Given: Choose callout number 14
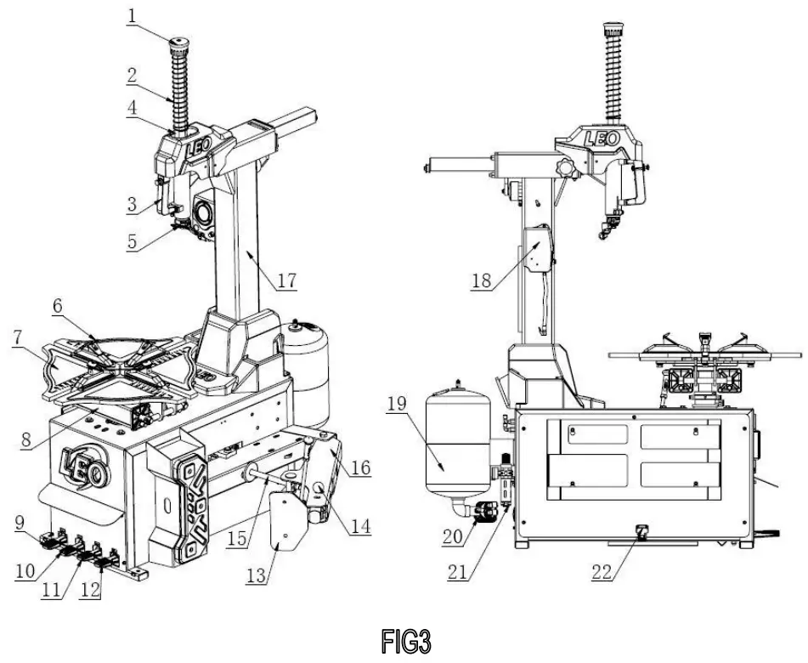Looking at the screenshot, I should pyautogui.click(x=360, y=526).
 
